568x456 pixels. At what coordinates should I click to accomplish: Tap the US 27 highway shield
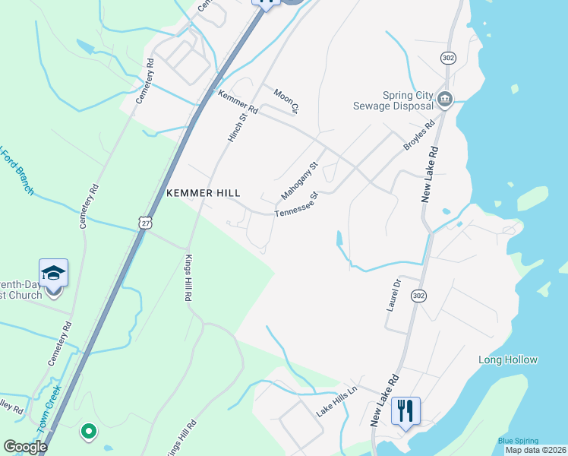(146, 221)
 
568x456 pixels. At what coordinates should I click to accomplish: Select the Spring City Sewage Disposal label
(392, 101)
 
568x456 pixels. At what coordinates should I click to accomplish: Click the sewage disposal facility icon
(445, 98)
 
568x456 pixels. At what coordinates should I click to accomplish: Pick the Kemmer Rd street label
(238, 103)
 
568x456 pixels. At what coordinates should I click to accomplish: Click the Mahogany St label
(298, 180)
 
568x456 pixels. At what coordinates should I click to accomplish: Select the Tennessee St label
(295, 204)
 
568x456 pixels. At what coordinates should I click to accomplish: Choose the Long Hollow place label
(508, 359)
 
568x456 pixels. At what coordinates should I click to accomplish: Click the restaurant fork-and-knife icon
(405, 411)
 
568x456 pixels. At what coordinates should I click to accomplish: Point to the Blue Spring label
(518, 441)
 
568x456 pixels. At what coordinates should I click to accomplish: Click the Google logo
(25, 448)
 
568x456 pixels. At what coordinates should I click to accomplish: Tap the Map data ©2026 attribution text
(536, 450)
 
